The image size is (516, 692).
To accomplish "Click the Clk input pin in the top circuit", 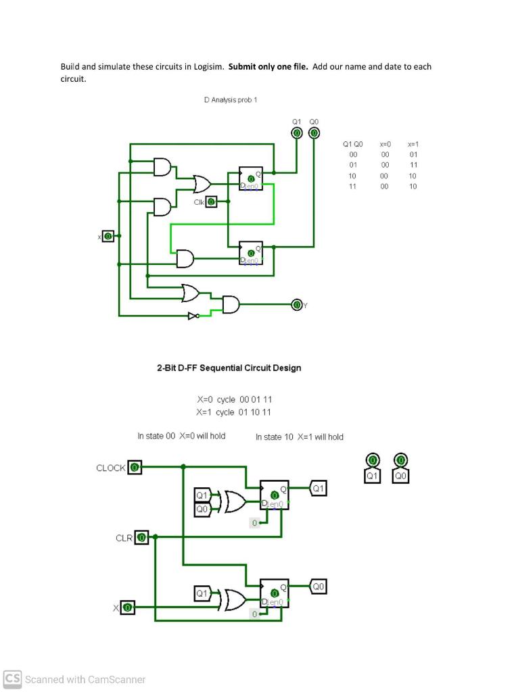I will [211, 201].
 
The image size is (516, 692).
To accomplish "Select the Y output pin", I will [296, 304].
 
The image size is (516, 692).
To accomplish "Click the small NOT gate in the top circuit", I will [194, 315].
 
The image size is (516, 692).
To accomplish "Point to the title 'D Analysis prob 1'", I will [231, 100].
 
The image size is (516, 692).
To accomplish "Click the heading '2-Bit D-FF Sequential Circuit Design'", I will [229, 368].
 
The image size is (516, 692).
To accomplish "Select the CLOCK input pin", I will [135, 467].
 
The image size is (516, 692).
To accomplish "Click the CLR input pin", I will [141, 537].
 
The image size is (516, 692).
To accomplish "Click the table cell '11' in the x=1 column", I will [413, 165].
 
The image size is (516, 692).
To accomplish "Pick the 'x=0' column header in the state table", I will [385, 144].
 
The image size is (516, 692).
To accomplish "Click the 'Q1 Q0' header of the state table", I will [352, 144].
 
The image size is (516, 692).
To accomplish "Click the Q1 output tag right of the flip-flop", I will [319, 488].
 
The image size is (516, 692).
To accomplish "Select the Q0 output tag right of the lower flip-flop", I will [319, 587].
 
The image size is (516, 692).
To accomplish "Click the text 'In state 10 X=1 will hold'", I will [300, 437].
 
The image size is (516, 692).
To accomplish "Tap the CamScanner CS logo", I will [11, 678].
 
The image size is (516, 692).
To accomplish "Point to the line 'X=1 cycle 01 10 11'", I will [234, 412].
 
